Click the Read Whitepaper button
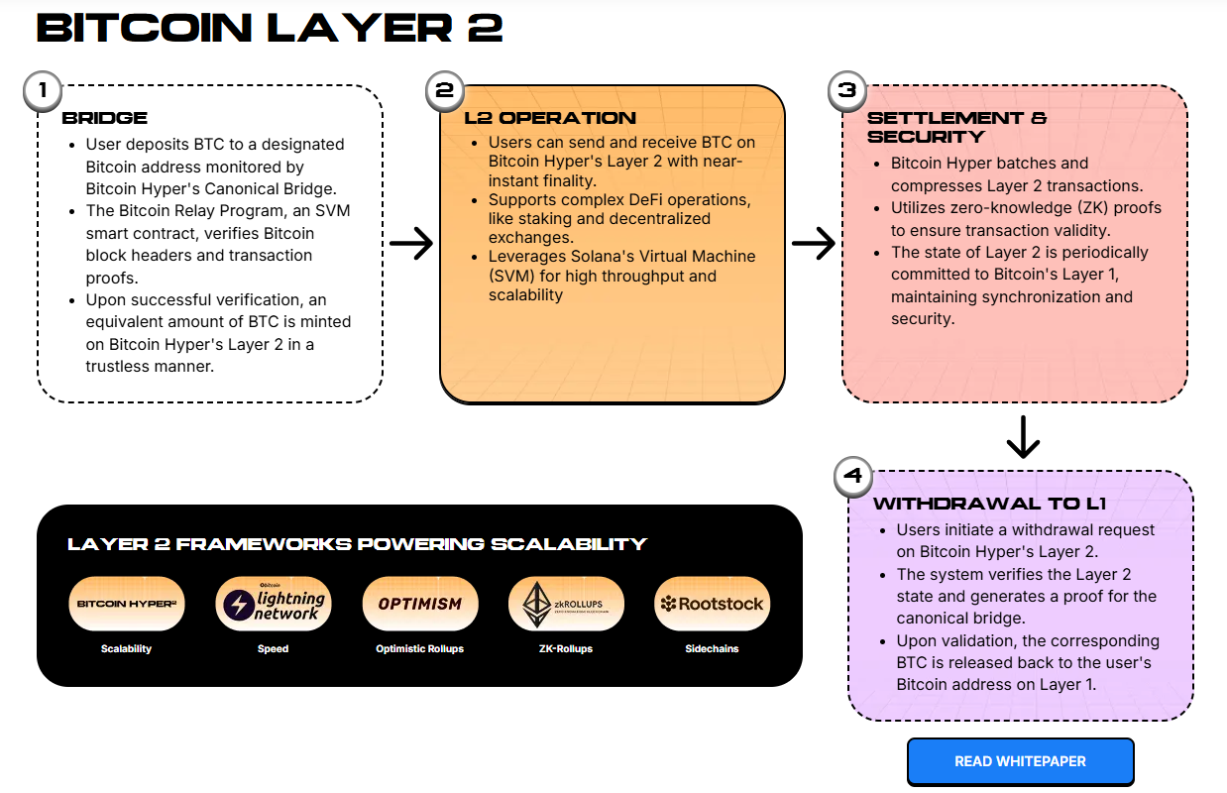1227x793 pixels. (x=1020, y=761)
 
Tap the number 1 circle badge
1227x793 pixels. (x=43, y=90)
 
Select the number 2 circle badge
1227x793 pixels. (x=445, y=90)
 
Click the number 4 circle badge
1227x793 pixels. (x=853, y=476)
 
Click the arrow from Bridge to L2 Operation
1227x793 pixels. (x=411, y=244)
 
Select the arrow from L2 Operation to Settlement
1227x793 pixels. (x=814, y=244)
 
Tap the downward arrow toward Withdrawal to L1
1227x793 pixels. (x=1022, y=437)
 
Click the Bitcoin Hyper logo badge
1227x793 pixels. (x=127, y=604)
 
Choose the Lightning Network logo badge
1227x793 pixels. (x=273, y=604)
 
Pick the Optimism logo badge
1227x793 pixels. (x=419, y=604)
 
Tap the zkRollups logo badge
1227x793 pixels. (x=565, y=604)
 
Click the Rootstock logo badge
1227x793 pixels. (x=712, y=604)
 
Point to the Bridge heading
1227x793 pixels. (x=104, y=118)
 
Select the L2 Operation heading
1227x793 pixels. (x=550, y=118)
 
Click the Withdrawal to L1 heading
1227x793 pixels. (x=989, y=504)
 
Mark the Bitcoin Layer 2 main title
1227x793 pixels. (x=270, y=28)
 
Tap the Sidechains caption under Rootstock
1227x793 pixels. (x=712, y=649)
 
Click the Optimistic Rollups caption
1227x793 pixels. (x=419, y=649)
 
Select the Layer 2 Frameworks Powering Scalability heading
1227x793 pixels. (x=357, y=544)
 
